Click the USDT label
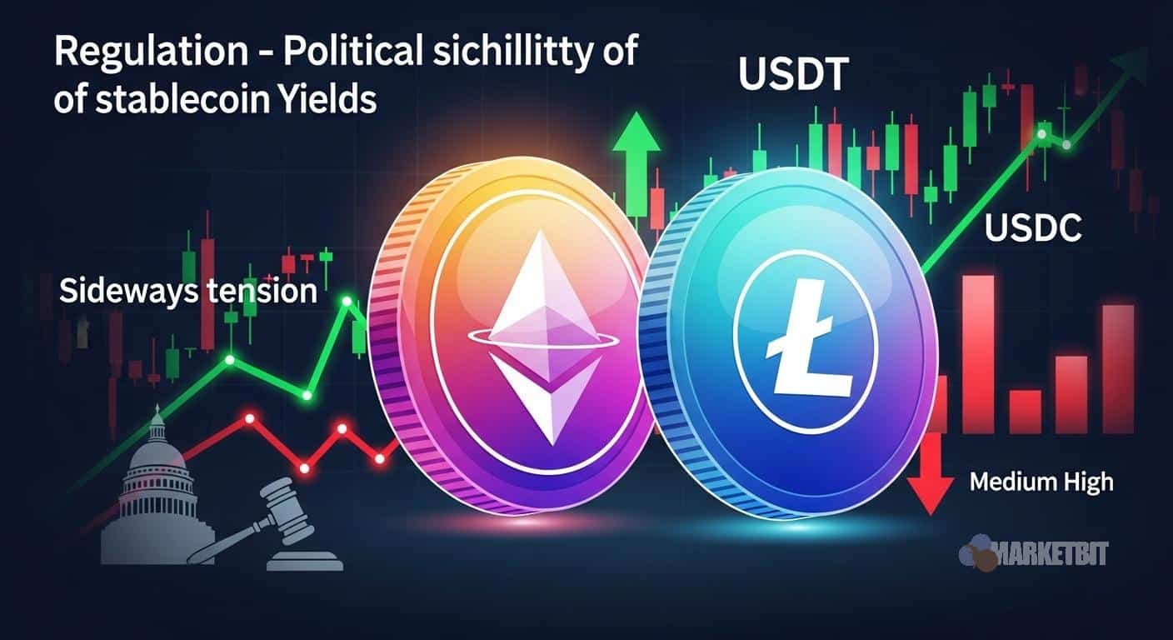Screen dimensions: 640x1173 (x=792, y=77)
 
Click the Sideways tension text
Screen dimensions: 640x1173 (x=187, y=292)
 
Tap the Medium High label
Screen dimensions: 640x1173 (x=1041, y=481)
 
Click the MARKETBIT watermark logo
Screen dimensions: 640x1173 (x=1033, y=553)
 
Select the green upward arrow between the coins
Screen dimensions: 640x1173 (x=636, y=145)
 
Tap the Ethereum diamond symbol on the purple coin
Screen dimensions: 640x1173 (x=533, y=333)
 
